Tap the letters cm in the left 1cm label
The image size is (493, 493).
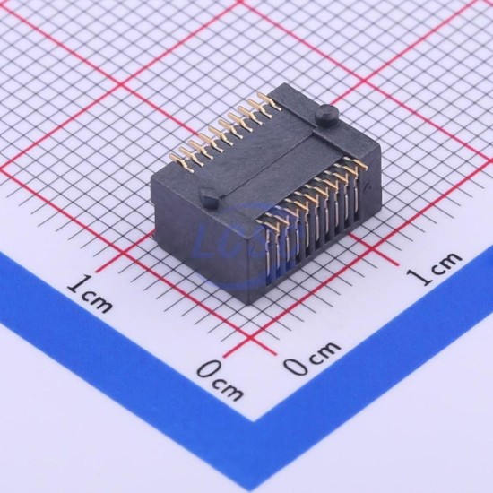point(97,301)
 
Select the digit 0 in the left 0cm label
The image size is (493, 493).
point(208,368)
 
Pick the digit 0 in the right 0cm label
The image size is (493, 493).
point(296,366)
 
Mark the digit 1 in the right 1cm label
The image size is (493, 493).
point(417,278)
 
